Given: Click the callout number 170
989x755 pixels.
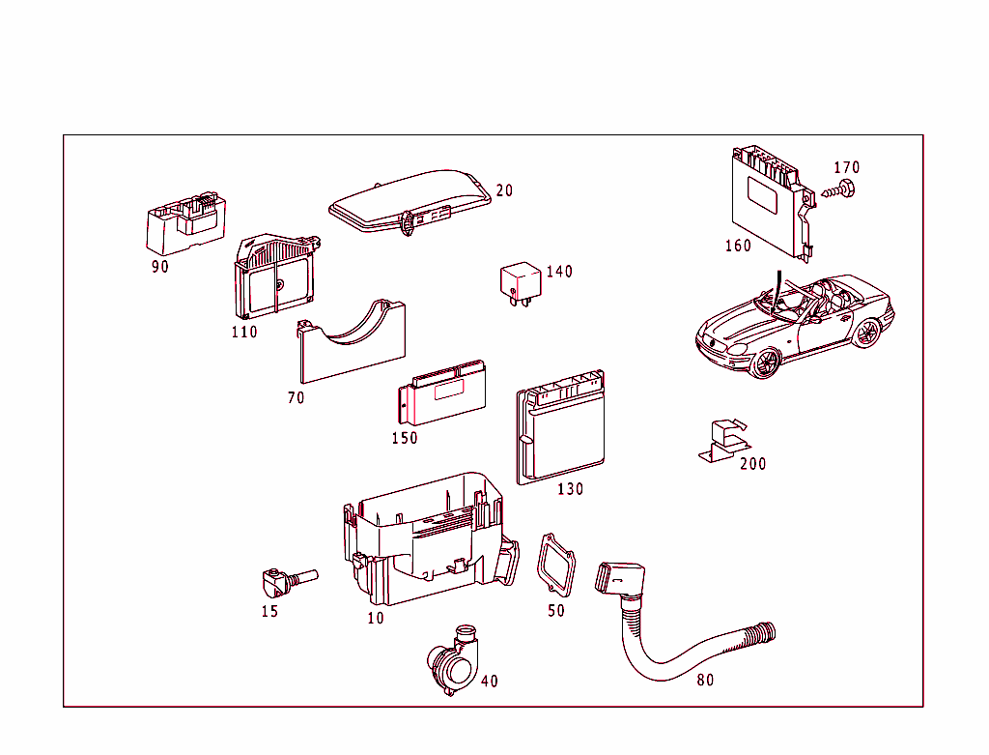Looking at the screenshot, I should point(846,168).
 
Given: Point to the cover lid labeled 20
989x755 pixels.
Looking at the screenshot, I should point(410,200).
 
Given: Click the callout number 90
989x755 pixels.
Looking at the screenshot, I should point(160,267).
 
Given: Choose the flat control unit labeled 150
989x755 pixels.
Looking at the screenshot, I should point(442,393).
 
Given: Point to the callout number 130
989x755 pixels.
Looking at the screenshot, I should point(571,489).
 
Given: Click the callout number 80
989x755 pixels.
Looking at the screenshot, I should point(706,681).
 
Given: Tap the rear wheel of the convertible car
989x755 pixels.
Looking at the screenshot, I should point(866,334).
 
